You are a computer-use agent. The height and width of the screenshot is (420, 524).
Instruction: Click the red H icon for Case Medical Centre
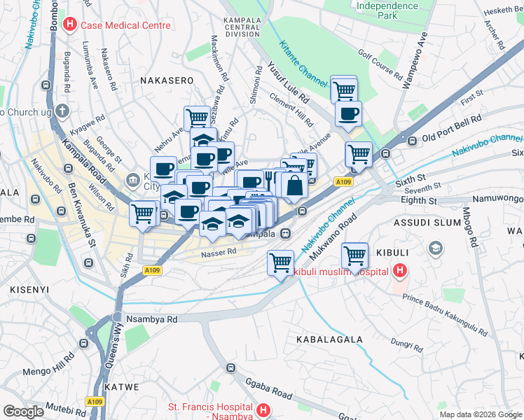[x=70, y=25]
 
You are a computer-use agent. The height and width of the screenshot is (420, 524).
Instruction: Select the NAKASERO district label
[x=167, y=80]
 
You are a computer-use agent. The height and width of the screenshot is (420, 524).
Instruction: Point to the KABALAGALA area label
[x=329, y=339]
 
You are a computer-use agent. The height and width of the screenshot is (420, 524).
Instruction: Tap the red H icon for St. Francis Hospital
[x=263, y=410]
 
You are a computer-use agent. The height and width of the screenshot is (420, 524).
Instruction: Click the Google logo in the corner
[x=23, y=412]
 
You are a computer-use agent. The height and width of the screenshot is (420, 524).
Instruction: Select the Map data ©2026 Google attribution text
[x=480, y=414]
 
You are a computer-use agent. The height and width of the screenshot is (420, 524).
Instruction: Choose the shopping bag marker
[x=296, y=185]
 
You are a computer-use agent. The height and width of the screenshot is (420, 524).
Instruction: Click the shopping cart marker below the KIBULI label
[x=355, y=255]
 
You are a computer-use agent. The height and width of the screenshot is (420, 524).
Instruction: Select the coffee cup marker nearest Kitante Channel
[x=348, y=113]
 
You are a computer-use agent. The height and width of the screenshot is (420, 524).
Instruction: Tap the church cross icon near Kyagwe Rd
[x=62, y=111]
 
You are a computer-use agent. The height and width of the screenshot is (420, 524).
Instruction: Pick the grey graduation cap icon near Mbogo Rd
[x=436, y=248]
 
